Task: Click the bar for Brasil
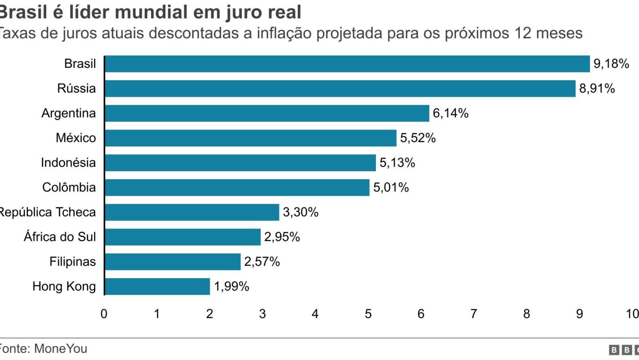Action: [347, 64]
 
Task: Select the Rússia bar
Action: [340, 89]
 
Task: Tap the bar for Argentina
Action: [267, 113]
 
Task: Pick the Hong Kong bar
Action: [157, 287]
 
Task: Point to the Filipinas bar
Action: [172, 262]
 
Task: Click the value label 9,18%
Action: [611, 64]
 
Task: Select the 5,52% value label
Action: [418, 138]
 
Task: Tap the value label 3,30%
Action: [300, 212]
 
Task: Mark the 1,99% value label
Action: [231, 287]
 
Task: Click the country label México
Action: [76, 138]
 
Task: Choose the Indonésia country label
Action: [68, 162]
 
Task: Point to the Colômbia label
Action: [69, 187]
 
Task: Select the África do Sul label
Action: [60, 237]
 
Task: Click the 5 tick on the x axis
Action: [368, 314]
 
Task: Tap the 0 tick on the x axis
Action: [104, 314]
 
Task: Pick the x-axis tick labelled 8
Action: [527, 314]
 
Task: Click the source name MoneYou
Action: [61, 349]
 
